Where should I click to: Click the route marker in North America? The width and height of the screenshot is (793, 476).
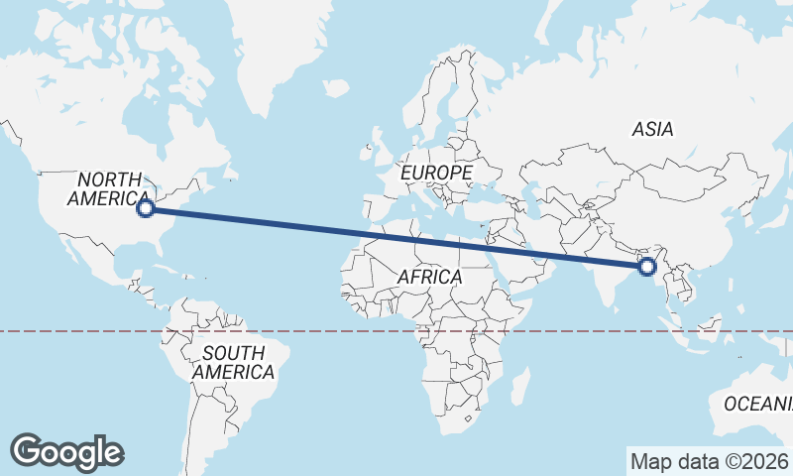146,208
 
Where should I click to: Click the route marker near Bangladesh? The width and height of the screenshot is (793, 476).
647,266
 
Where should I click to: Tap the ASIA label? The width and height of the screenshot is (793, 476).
652,129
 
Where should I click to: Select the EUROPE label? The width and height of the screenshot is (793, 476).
436,174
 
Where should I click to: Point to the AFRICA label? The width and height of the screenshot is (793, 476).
430,277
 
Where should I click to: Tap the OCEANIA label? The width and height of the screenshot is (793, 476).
758,404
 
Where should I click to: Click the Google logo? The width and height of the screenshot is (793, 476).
67,451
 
